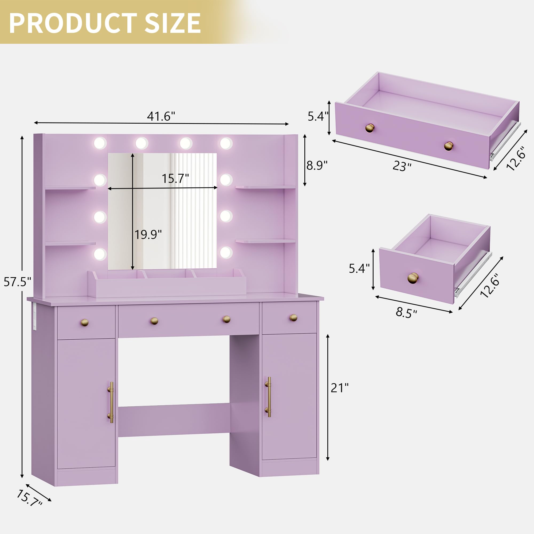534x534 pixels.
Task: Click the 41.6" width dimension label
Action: coord(161,116)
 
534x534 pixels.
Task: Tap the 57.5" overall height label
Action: coord(17,282)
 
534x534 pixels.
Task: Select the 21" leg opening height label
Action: coord(340,388)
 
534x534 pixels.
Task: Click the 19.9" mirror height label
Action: coord(148,234)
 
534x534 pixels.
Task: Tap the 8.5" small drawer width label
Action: coord(406,313)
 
